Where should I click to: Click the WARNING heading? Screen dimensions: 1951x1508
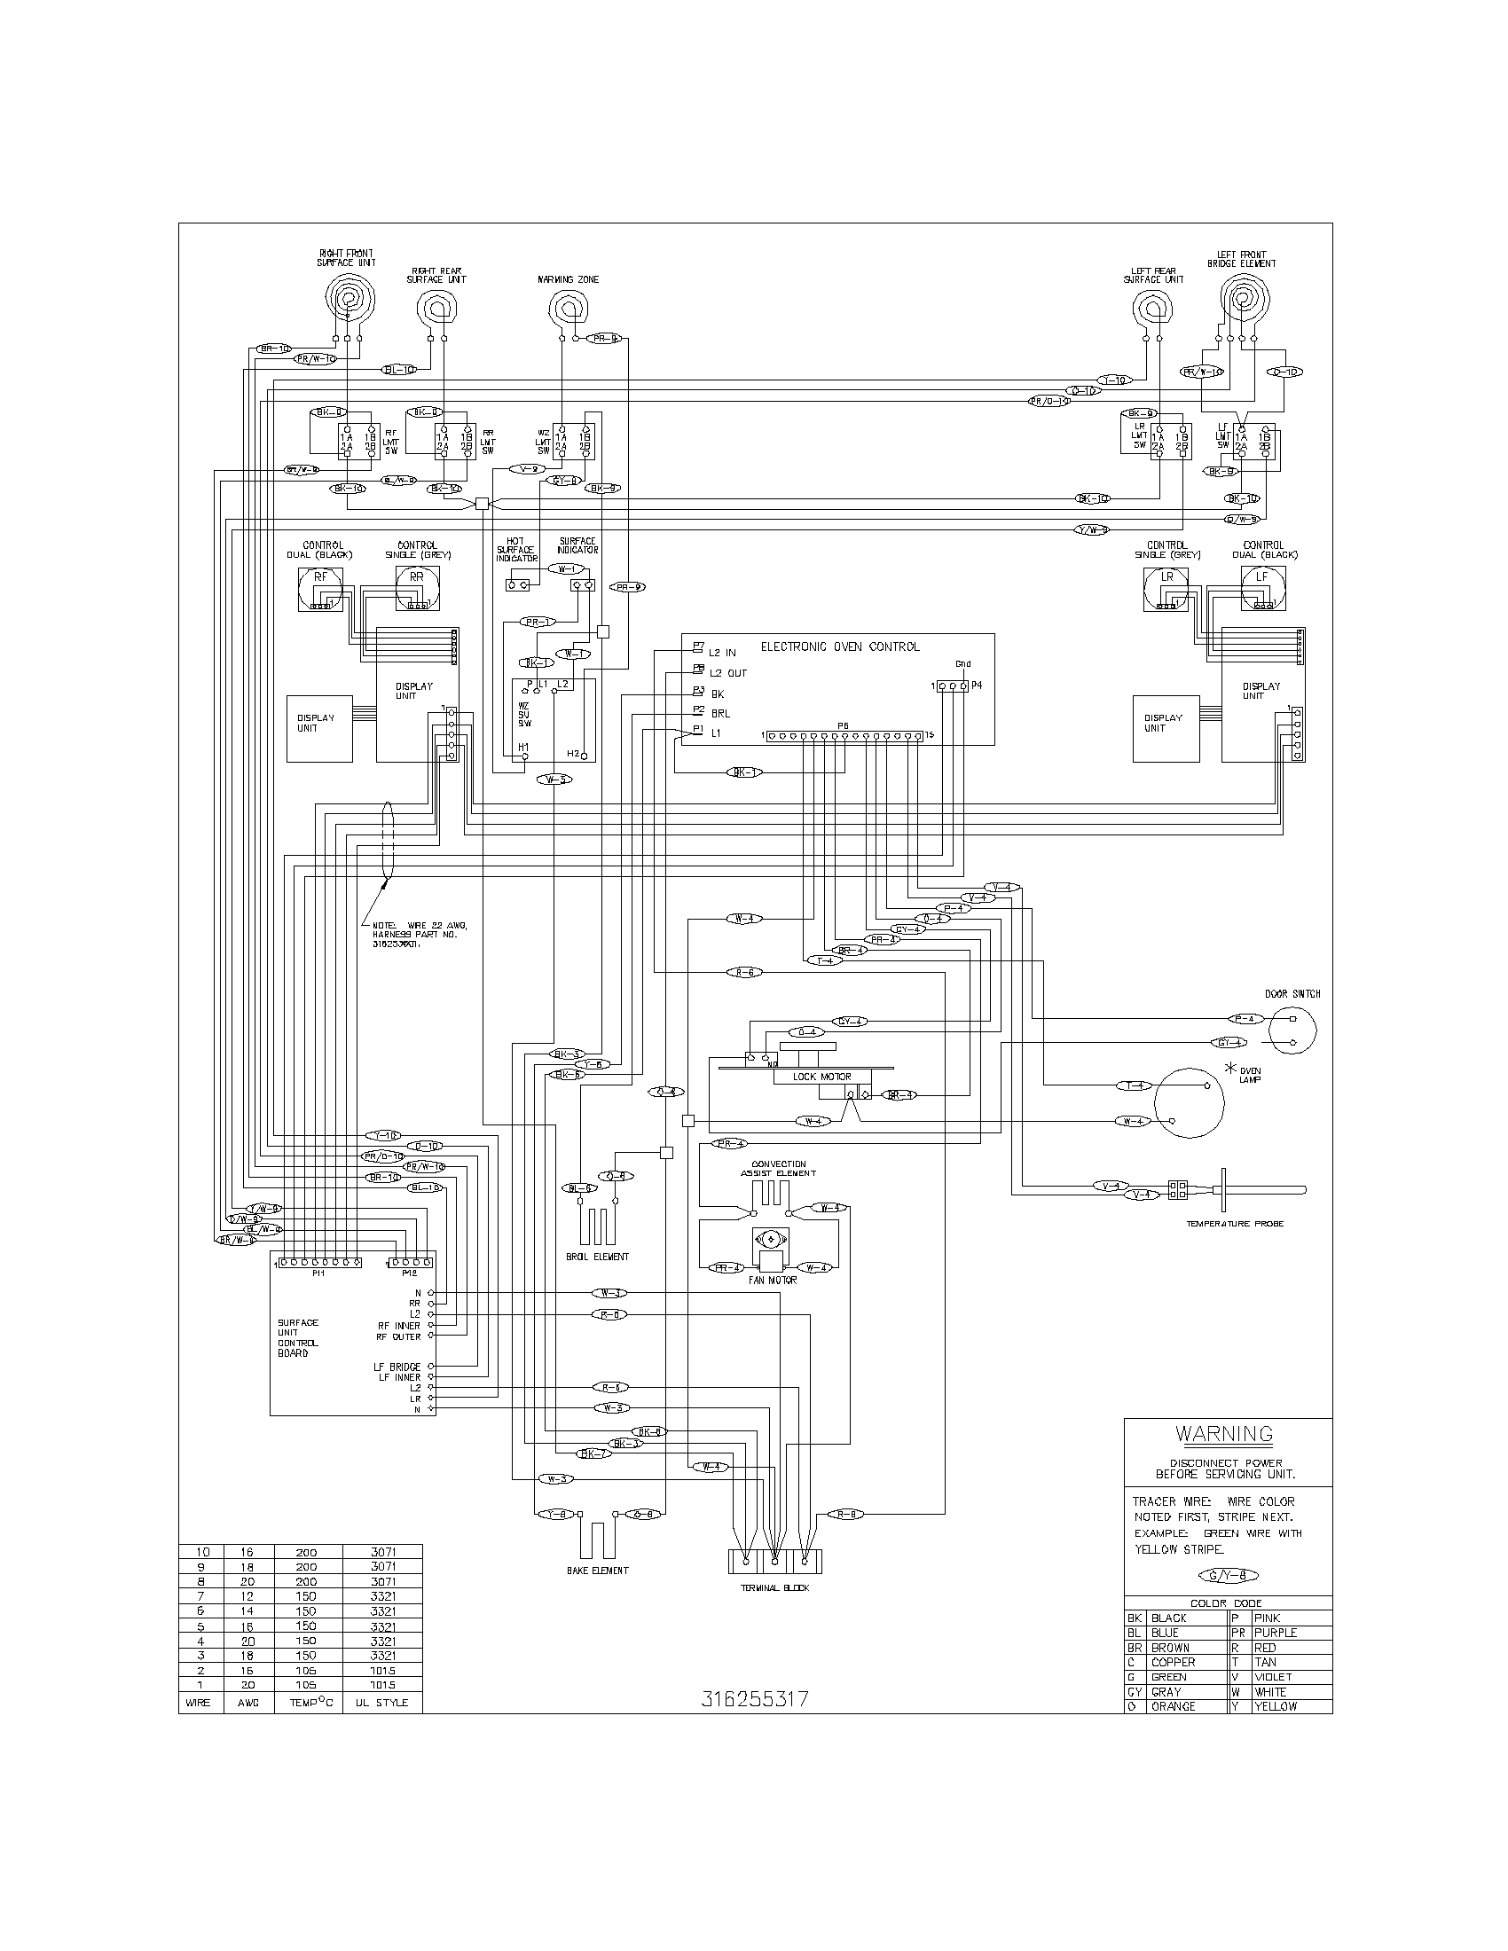click(1224, 1435)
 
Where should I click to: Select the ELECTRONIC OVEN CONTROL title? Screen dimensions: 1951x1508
click(839, 646)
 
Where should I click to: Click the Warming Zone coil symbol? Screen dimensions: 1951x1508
click(569, 310)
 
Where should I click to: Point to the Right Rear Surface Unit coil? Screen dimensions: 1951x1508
click(436, 310)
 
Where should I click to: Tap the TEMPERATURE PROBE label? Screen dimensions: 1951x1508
click(1235, 1223)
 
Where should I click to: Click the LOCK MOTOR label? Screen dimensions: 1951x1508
click(822, 1077)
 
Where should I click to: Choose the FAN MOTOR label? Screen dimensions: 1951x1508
click(773, 1280)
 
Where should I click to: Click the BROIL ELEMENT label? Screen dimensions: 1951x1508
click(598, 1256)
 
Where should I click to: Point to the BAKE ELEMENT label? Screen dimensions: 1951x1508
click(598, 1571)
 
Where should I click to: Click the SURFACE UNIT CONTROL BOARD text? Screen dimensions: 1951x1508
click(297, 1337)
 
